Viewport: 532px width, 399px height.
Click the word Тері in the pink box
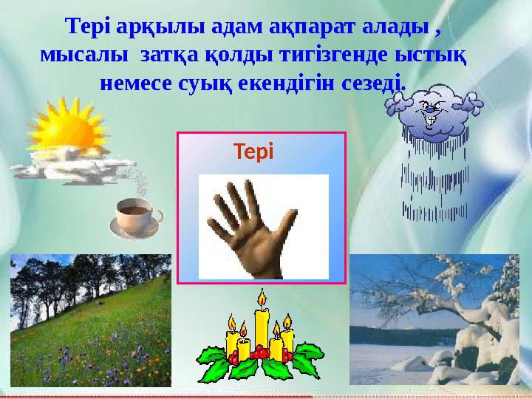pos(253,152)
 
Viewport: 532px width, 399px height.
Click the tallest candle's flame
pos(261,299)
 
